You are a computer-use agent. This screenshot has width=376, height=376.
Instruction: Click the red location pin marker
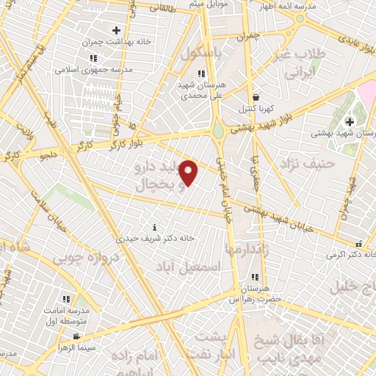(189, 173)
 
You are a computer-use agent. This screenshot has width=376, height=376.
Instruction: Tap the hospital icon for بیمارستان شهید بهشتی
(350, 121)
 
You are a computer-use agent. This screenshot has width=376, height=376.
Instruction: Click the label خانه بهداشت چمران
(117, 42)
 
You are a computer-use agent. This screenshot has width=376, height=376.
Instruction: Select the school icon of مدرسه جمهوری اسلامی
(93, 58)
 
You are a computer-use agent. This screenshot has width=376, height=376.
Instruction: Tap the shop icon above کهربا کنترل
(256, 97)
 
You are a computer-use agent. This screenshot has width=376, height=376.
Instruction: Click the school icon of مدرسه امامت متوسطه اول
(66, 298)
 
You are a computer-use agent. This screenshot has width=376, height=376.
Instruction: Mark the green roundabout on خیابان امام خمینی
(218, 132)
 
